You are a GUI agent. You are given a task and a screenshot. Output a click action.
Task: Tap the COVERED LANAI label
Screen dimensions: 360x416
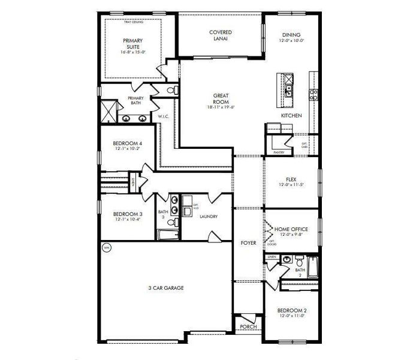[220, 35]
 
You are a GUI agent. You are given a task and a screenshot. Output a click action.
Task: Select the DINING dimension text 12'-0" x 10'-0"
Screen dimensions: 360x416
[291, 41]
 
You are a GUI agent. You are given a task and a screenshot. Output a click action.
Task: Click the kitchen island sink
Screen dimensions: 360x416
[288, 91]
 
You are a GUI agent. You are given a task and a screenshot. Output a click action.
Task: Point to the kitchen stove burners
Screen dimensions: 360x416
[312, 92]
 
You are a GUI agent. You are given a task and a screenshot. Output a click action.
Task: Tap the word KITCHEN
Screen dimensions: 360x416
[291, 115]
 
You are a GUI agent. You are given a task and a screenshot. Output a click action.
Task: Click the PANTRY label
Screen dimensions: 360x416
[278, 152]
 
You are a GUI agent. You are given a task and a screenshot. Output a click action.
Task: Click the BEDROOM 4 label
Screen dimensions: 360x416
[127, 143]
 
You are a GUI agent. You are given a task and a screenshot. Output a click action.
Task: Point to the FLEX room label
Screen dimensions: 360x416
[291, 178]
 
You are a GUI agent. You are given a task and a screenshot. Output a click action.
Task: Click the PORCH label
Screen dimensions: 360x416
[247, 327]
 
